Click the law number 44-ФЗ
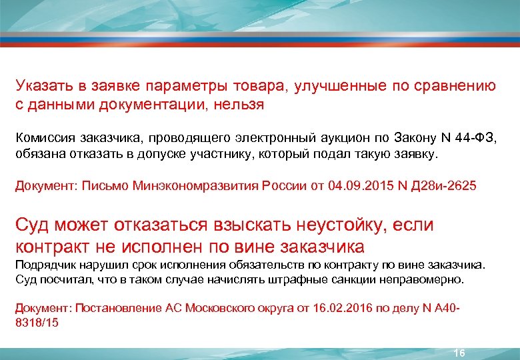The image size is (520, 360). pos(475,137)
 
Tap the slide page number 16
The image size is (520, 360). pos(459,353)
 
